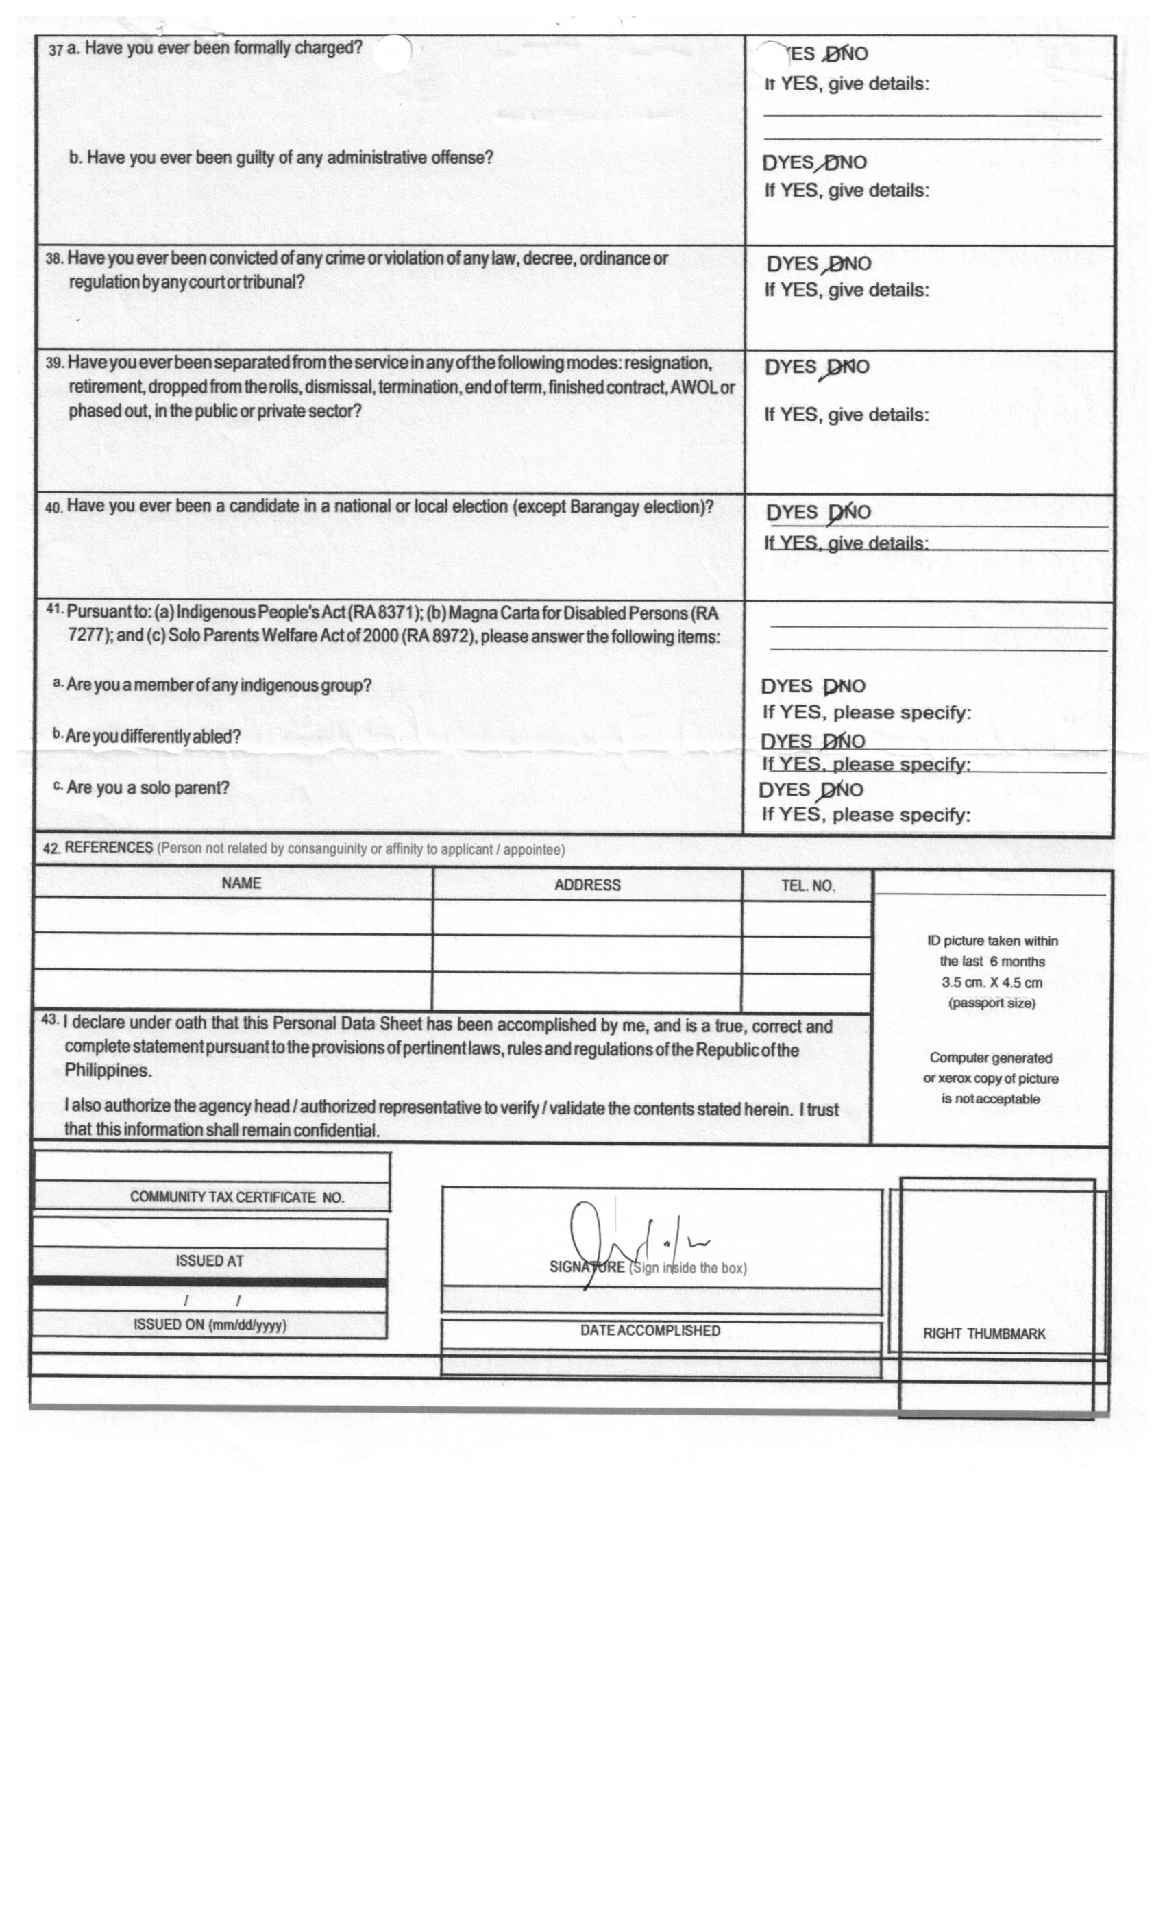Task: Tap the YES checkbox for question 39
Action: click(772, 367)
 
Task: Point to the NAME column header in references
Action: click(241, 883)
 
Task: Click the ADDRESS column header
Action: click(587, 885)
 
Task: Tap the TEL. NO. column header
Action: click(807, 885)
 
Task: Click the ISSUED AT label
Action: click(210, 1260)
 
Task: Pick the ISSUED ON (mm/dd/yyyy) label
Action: click(210, 1324)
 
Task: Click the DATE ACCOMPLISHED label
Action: click(650, 1330)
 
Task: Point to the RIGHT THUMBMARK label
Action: click(983, 1333)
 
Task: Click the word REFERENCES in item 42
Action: click(108, 847)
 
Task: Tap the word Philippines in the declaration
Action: click(107, 1070)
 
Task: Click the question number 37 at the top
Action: click(56, 50)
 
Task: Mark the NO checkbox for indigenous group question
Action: click(831, 686)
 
